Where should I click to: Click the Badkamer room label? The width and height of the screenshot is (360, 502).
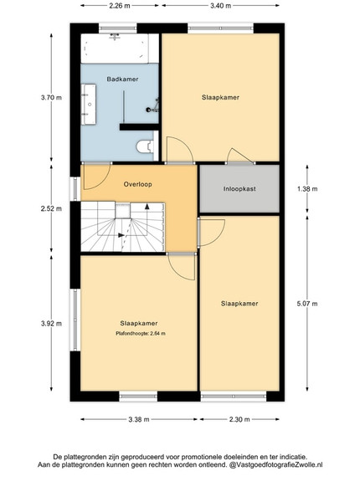(x=122, y=79)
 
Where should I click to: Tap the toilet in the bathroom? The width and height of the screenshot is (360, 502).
(x=145, y=146)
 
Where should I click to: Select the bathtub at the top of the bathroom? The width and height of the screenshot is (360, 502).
(x=115, y=49)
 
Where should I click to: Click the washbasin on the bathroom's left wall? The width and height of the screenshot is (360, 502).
(x=89, y=105)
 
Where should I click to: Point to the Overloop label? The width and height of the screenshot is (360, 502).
(x=138, y=184)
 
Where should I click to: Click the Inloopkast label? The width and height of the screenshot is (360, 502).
(x=239, y=189)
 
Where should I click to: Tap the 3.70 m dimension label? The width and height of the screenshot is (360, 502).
(x=51, y=98)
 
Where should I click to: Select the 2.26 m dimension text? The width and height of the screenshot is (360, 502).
(x=120, y=6)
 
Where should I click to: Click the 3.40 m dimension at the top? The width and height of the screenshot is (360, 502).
(x=221, y=6)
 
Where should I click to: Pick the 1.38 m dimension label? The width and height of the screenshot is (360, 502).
(x=307, y=189)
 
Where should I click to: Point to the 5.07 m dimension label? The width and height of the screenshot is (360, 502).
(x=307, y=304)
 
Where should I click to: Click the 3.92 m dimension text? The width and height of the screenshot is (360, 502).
(x=51, y=324)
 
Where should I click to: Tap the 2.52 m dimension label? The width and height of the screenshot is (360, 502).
(x=51, y=208)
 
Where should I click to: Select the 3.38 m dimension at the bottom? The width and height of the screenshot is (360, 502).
(x=139, y=419)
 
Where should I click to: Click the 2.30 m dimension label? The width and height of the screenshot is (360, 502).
(x=239, y=419)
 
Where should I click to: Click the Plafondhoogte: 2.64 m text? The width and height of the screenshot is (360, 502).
(x=141, y=334)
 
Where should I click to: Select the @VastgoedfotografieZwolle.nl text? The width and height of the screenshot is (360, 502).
(x=275, y=464)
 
